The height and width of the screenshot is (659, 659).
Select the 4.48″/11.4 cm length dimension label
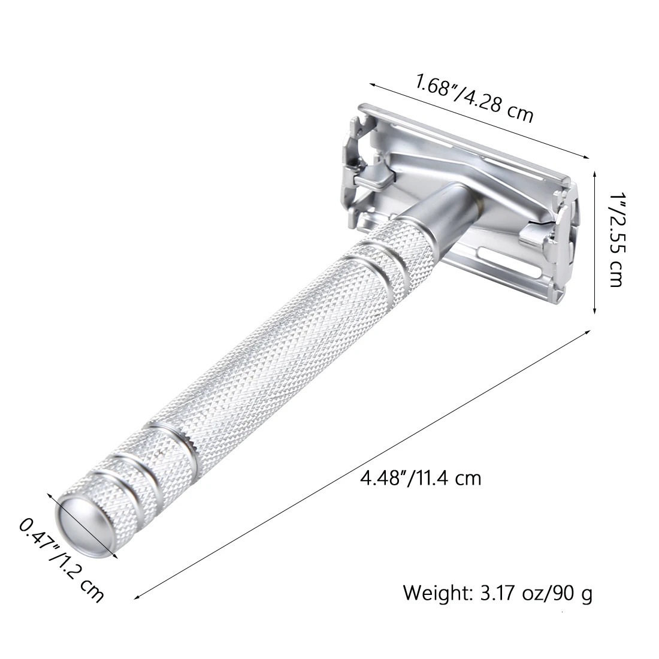coord(420,477)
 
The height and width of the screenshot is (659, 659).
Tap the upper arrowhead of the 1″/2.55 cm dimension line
coord(594,173)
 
